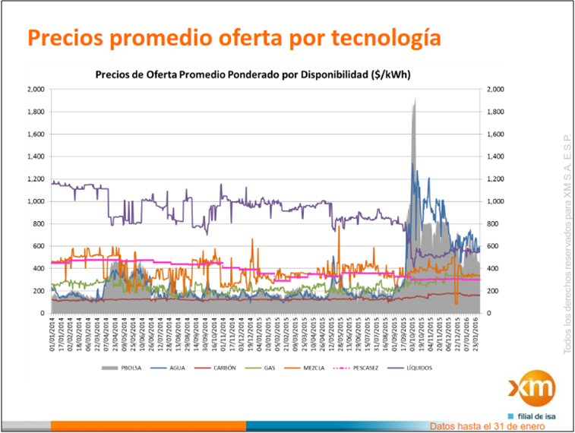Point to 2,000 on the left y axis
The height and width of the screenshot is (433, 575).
[36, 90]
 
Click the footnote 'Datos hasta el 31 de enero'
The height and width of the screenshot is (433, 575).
[487, 426]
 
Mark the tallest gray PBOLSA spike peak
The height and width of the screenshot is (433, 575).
[415, 99]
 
